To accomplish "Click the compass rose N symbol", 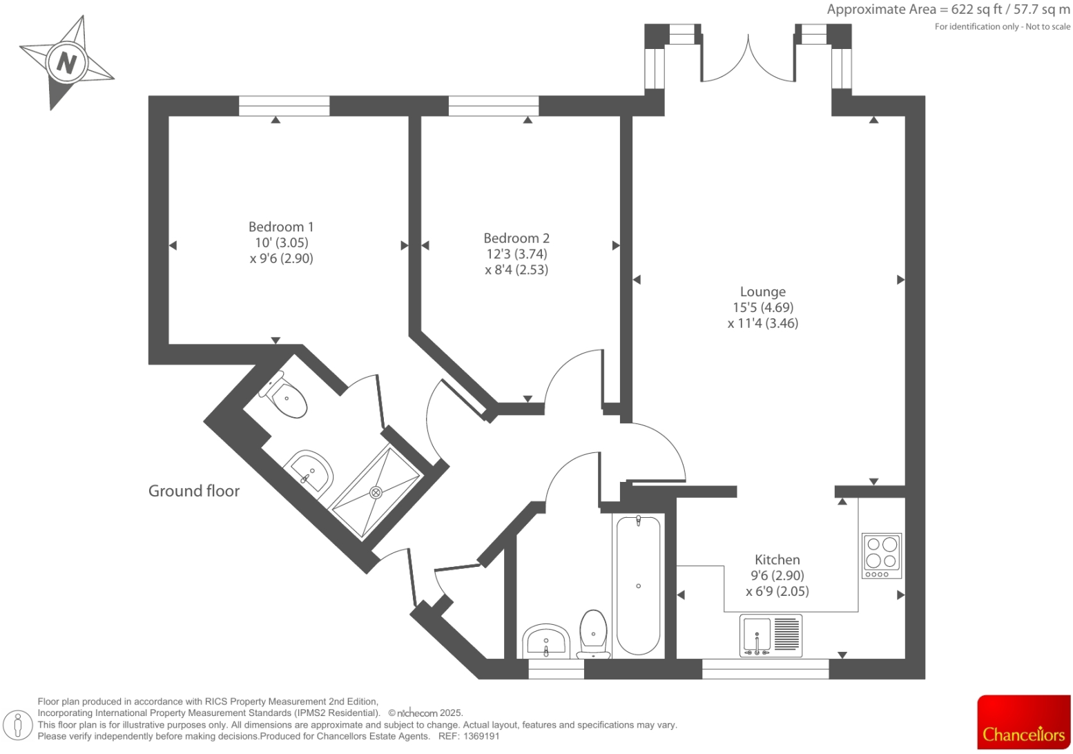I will pyautogui.click(x=66, y=63).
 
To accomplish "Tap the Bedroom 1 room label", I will pyautogui.click(x=281, y=226).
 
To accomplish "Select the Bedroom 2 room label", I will pyautogui.click(x=516, y=238).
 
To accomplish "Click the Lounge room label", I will pyautogui.click(x=762, y=291).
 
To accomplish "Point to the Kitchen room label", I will pyautogui.click(x=777, y=559).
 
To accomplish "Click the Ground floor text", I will pyautogui.click(x=194, y=491).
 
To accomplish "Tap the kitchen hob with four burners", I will pyautogui.click(x=882, y=555).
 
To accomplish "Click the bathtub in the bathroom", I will pyautogui.click(x=638, y=586).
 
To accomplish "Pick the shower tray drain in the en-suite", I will pyautogui.click(x=376, y=492).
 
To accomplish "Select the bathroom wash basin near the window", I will pyautogui.click(x=545, y=641).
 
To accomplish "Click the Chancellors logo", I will pyautogui.click(x=1023, y=722).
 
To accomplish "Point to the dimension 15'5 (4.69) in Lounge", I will pyautogui.click(x=763, y=307).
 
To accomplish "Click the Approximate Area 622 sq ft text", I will pyautogui.click(x=948, y=10).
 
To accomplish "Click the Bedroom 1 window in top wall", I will pyautogui.click(x=284, y=106).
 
